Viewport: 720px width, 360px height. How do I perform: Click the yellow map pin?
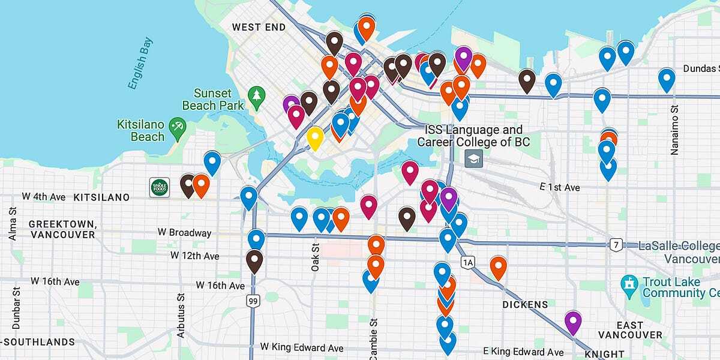[314, 137]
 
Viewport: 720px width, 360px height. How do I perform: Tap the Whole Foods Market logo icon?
[160, 187]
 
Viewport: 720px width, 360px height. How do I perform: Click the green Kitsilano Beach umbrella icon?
[178, 126]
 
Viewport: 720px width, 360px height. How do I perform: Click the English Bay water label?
[140, 63]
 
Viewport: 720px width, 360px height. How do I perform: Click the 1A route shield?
[468, 262]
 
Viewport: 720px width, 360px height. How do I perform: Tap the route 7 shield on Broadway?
[615, 244]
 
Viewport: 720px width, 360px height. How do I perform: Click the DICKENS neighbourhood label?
[525, 305]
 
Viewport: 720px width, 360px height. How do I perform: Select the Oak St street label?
[315, 257]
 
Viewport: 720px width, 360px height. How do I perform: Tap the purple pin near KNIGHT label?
[573, 321]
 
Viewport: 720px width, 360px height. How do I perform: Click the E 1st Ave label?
[559, 188]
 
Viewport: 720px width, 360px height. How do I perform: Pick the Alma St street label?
[13, 224]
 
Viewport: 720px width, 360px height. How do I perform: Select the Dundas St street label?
[702, 69]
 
